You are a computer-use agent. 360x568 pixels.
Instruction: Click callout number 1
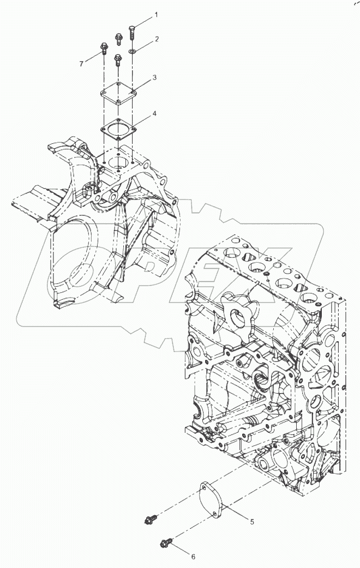[x=155, y=15]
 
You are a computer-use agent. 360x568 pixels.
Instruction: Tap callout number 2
[x=156, y=39]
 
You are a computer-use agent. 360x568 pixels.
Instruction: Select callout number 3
[x=155, y=78]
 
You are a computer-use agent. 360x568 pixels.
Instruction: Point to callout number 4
[x=155, y=113]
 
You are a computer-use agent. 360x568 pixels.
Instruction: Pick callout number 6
[x=192, y=557]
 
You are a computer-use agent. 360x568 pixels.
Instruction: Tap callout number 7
[x=81, y=64]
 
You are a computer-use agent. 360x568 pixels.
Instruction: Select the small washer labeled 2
[x=133, y=52]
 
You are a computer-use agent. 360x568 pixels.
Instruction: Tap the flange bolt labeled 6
[x=166, y=542]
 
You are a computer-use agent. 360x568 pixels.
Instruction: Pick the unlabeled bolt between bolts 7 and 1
[x=118, y=39]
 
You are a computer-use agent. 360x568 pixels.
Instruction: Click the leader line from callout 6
[x=180, y=549]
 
